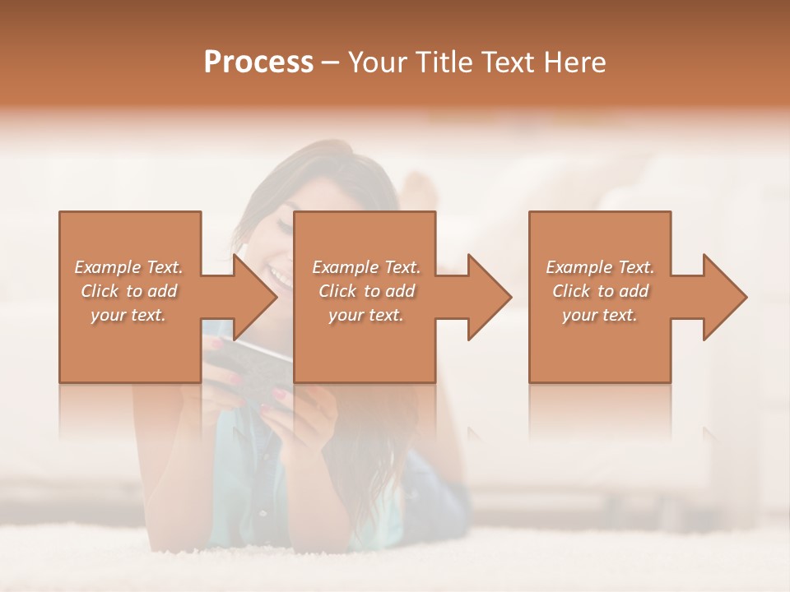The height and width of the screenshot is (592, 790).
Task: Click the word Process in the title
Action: click(258, 62)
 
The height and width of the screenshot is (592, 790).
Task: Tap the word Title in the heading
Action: click(439, 62)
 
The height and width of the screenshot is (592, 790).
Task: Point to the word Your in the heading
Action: click(378, 62)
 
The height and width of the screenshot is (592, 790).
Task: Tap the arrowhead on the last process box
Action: click(723, 297)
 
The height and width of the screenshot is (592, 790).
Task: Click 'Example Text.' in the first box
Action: click(129, 267)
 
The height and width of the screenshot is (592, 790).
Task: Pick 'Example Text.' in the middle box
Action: click(366, 267)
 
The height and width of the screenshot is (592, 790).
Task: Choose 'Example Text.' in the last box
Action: click(600, 267)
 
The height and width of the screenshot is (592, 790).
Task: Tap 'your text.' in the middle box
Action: click(366, 315)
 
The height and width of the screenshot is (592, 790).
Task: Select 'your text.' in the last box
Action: click(600, 315)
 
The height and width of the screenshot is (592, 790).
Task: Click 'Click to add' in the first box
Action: click(129, 291)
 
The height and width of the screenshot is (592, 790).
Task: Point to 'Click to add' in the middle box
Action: click(366, 291)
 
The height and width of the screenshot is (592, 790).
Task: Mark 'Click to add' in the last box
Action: click(600, 291)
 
